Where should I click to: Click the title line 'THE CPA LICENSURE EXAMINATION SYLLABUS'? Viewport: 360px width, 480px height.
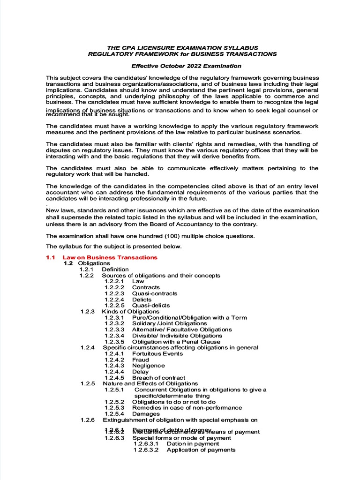click(183, 48)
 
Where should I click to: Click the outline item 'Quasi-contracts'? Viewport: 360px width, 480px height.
click(155, 293)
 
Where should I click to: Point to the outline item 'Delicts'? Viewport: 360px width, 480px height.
click(142, 300)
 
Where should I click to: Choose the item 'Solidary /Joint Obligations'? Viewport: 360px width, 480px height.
click(169, 323)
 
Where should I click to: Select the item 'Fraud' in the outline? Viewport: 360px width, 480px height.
click(141, 360)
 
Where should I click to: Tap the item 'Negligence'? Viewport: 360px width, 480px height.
click(149, 366)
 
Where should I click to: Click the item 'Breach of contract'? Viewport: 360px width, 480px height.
click(158, 378)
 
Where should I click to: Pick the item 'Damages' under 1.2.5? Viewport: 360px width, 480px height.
click(146, 414)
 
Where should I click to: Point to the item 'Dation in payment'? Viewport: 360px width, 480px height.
click(193, 443)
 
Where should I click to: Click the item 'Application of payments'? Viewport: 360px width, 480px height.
click(201, 450)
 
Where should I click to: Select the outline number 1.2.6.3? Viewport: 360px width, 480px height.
click(114, 438)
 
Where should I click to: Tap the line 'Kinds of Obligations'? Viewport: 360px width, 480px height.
click(131, 311)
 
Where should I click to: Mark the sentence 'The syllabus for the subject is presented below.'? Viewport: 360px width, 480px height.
click(113, 247)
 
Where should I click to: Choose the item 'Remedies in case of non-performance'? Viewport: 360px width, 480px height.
click(187, 408)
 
